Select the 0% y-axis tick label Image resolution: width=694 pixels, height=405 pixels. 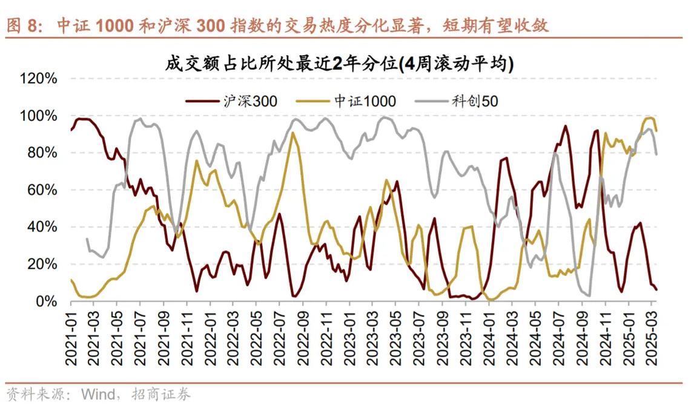(x=46, y=301)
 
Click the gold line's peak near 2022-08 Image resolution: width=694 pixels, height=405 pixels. (x=293, y=133)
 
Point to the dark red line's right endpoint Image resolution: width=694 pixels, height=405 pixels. (x=656, y=289)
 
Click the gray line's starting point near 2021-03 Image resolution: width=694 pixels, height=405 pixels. (x=87, y=239)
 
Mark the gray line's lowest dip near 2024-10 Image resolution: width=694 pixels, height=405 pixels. (x=589, y=295)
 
